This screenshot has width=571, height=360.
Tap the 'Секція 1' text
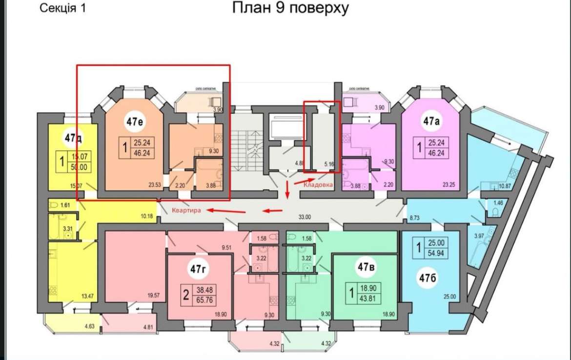61,8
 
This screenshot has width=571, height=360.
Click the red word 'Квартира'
186,211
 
